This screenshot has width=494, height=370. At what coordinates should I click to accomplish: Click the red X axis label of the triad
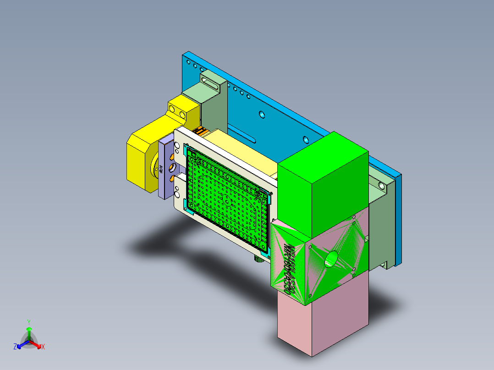pyautogui.click(x=43, y=347)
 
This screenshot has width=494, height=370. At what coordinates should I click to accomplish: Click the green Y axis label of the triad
pyautogui.click(x=28, y=322)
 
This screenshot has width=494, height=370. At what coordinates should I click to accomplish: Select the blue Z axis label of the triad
pyautogui.click(x=15, y=347)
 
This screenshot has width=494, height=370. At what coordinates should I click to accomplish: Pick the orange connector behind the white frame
pyautogui.click(x=200, y=131)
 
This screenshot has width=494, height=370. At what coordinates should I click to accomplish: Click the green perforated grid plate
pyautogui.click(x=225, y=197)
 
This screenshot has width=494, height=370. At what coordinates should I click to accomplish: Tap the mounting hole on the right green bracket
pyautogui.click(x=381, y=186)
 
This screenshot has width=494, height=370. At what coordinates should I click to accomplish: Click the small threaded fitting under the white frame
pyautogui.click(x=258, y=258)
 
